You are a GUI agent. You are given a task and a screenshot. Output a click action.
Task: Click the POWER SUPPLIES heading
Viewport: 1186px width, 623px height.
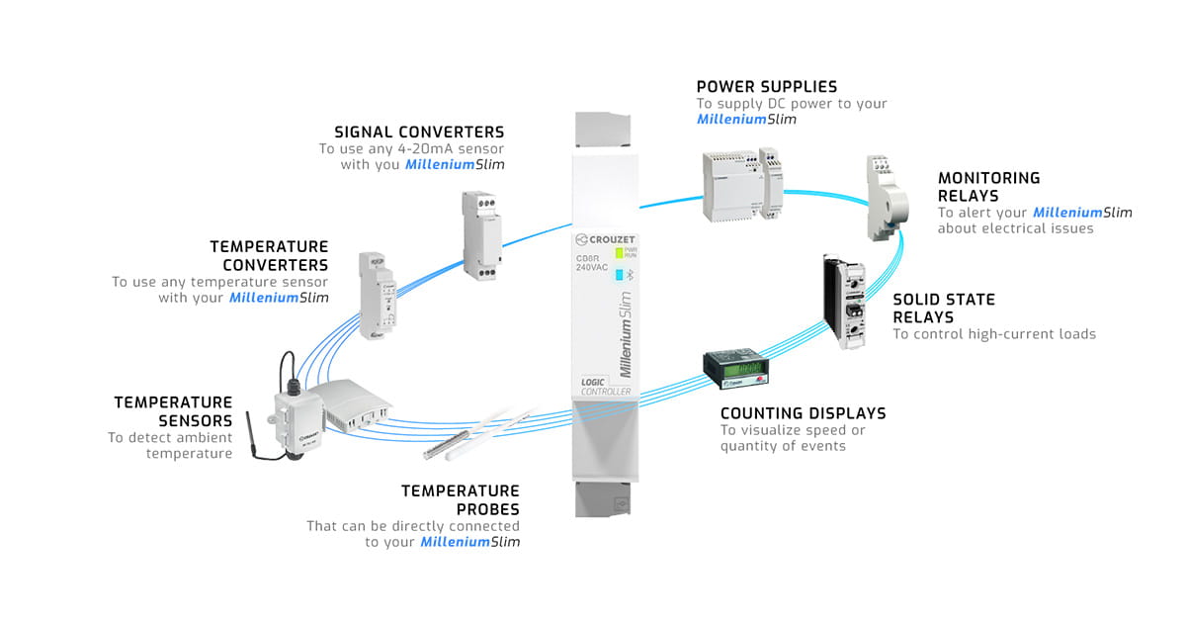(766, 87)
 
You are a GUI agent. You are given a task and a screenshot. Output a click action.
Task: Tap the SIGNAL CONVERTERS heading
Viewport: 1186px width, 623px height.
(419, 132)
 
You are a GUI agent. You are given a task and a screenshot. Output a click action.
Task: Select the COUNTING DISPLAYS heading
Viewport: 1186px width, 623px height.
(803, 413)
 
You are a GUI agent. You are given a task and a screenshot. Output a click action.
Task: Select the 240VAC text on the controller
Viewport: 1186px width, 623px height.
(593, 266)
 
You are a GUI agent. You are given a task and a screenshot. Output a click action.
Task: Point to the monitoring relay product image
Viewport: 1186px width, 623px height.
(884, 198)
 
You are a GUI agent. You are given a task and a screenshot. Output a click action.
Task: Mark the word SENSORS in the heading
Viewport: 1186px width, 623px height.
(197, 420)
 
